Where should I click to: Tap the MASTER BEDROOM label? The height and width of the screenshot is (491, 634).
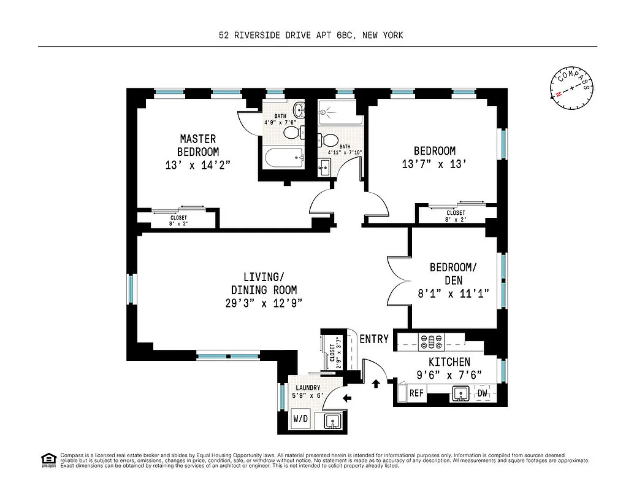coord(197,145)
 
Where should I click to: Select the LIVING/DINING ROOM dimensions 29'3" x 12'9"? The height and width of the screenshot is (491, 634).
coord(264,303)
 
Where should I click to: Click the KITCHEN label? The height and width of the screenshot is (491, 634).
coord(449,362)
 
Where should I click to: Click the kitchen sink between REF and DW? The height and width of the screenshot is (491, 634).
coord(459,394)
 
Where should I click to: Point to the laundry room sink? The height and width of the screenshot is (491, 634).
coord(331,421)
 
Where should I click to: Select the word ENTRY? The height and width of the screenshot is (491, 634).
coord(374,339)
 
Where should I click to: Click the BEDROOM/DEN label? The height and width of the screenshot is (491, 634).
coord(453,273)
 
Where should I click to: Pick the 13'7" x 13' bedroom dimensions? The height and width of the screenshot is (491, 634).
coord(434,164)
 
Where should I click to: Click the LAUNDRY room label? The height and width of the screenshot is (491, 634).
coord(308,388)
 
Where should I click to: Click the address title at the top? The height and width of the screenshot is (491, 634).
coord(311,36)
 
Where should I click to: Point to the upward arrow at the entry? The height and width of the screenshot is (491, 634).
coord(376,384)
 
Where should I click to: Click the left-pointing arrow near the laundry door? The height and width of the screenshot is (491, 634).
coord(347,398)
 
